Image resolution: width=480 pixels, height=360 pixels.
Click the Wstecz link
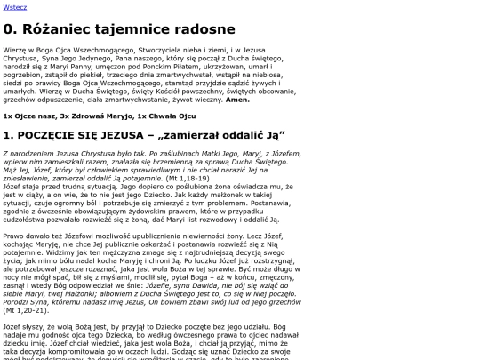13,5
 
